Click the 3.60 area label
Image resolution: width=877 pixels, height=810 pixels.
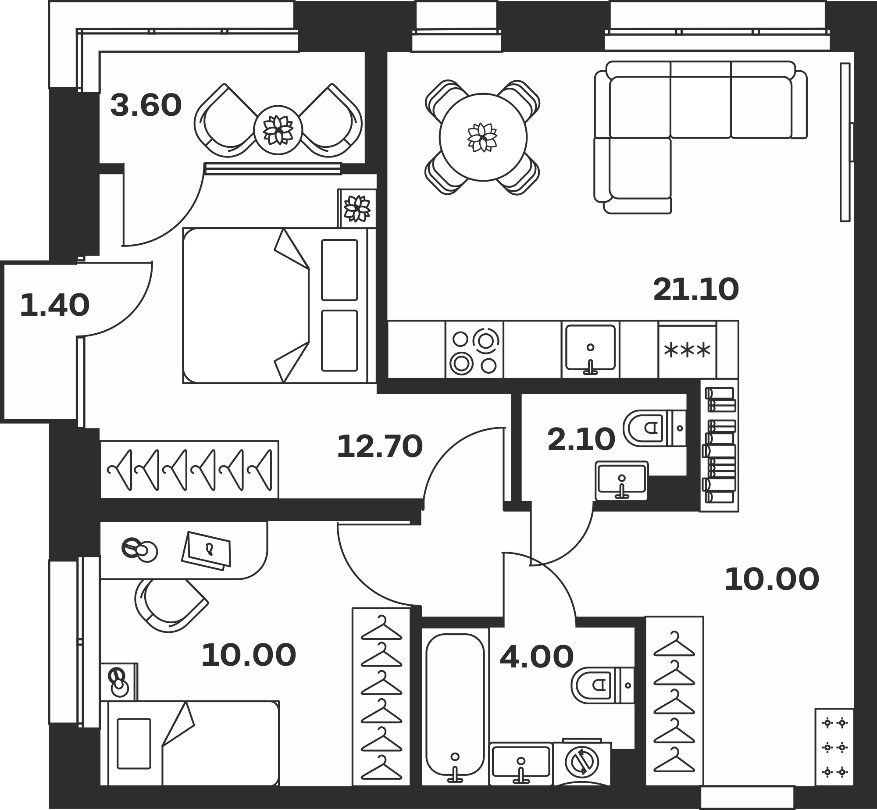pos(146,106)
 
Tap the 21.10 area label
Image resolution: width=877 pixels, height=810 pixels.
pos(696,290)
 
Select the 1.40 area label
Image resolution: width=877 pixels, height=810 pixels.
pos(55,305)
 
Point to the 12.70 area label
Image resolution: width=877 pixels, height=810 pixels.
pos(380,447)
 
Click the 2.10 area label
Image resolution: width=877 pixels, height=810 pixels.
pos(581,440)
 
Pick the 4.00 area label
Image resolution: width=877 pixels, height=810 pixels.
pos(536,657)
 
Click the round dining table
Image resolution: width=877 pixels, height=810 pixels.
pos(483,137)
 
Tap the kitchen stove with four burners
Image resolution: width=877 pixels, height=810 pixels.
pos(474,350)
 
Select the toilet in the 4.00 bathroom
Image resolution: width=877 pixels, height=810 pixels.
pos(602,685)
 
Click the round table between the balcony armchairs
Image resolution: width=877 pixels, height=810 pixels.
pos(278,130)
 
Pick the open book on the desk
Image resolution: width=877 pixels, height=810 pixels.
pos(207,551)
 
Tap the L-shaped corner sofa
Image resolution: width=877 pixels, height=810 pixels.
pos(700,137)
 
